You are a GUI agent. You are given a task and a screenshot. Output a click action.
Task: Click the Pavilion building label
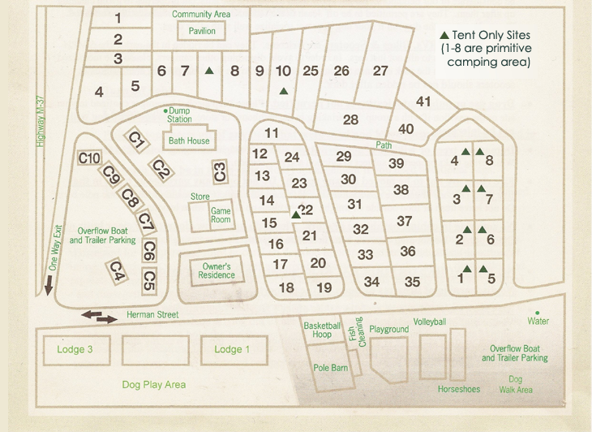click(x=202, y=31)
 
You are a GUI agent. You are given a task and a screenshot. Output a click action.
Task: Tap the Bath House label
click(x=189, y=140)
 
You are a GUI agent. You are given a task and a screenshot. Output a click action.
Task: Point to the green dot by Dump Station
click(x=165, y=110)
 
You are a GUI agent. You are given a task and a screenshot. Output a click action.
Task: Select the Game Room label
click(x=221, y=215)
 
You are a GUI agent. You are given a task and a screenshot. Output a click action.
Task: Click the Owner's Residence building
click(x=217, y=270)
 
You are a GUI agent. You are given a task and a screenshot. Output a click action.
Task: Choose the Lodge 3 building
click(x=75, y=349)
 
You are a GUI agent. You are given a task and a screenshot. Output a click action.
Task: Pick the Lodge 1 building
click(x=232, y=349)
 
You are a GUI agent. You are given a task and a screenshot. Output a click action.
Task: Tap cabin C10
click(x=89, y=158)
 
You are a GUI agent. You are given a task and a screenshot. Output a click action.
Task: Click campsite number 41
click(x=423, y=102)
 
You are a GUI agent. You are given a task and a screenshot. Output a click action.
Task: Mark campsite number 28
click(x=350, y=119)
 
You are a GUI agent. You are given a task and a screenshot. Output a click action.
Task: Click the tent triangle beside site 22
click(x=295, y=214)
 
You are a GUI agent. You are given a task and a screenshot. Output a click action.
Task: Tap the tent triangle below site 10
click(x=283, y=90)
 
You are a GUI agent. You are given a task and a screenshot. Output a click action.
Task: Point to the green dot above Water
click(x=536, y=312)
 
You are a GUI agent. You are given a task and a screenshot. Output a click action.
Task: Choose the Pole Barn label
click(x=330, y=368)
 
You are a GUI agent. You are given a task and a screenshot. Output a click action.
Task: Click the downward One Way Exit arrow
click(x=49, y=285)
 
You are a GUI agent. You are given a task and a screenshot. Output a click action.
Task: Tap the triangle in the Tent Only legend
click(x=444, y=37)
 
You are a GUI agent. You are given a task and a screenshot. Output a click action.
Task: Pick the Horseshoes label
click(x=459, y=389)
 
